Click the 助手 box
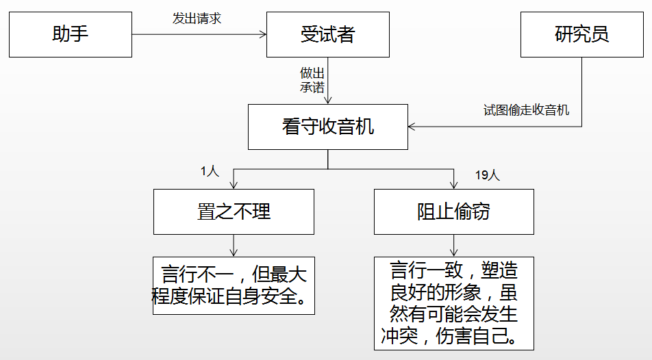click(x=71, y=34)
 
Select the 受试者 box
click(x=327, y=34)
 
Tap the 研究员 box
click(x=581, y=34)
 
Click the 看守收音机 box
click(x=327, y=127)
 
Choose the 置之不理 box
click(x=234, y=211)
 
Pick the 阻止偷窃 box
click(x=453, y=211)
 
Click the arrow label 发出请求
click(x=197, y=18)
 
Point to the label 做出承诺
click(x=312, y=79)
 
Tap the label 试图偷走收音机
click(x=526, y=110)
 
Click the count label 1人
click(x=210, y=172)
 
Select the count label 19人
click(x=487, y=175)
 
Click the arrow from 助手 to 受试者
click(x=199, y=34)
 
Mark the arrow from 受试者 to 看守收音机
click(x=328, y=81)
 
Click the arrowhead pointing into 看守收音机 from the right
click(x=412, y=127)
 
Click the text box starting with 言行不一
click(x=234, y=285)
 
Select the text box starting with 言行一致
click(x=453, y=303)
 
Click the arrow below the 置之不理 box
click(x=234, y=245)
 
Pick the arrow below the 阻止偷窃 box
click(x=453, y=245)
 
